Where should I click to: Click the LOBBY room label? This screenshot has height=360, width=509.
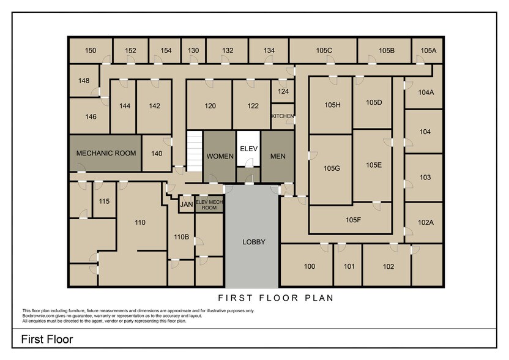point(254,242)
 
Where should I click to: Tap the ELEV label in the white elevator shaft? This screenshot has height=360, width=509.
point(248,149)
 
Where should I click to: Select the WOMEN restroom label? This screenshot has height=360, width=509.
point(220,156)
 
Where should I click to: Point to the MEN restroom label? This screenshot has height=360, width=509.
point(278,156)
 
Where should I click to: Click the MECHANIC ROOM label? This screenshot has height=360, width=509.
point(106,153)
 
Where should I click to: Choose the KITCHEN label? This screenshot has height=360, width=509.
point(283,116)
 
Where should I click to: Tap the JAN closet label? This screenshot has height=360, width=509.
point(186,204)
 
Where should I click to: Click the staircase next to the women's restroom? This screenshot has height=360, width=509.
point(195,151)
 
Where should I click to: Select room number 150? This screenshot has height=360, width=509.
point(91,50)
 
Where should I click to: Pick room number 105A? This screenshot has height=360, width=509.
point(428,50)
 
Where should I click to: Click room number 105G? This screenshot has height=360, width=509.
point(332,168)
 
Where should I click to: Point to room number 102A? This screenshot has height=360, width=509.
point(425,222)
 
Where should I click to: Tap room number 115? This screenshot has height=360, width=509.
point(104,201)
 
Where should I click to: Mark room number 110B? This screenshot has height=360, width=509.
point(181,237)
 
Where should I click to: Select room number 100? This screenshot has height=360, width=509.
point(310,266)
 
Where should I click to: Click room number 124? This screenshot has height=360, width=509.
point(283,91)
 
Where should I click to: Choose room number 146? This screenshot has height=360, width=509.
point(91,116)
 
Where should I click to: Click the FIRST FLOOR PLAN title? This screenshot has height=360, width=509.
point(275,298)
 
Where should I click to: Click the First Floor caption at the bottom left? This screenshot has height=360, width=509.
point(47,339)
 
